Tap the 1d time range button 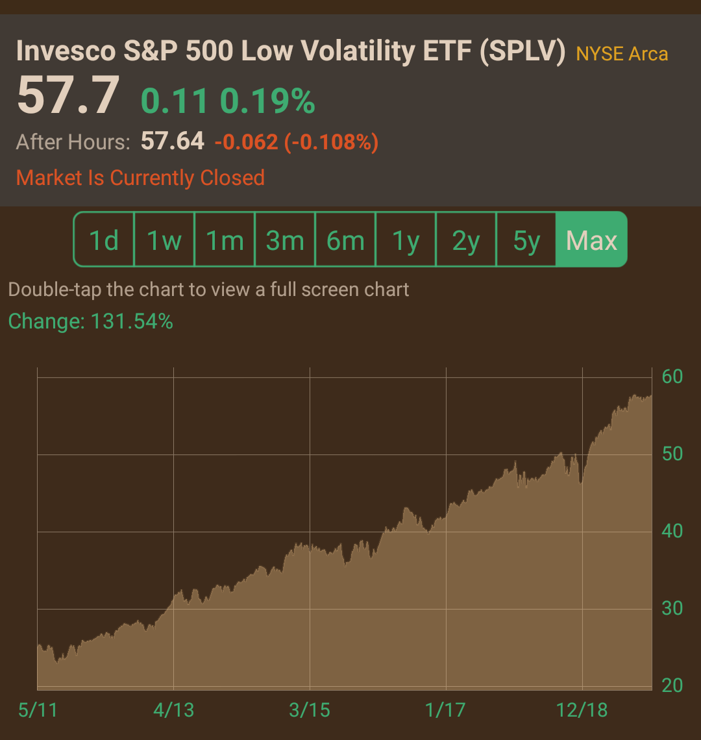104,240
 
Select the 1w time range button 164,240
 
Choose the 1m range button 225,240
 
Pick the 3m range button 285,240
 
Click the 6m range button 345,240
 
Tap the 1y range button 406,240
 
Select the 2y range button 466,240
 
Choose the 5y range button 526,240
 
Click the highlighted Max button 591,240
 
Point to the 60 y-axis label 672,376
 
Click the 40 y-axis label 672,531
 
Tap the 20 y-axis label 672,685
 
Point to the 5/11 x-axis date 38,710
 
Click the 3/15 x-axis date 309,710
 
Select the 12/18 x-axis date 582,710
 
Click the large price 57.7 68,95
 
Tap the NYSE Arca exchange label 622,54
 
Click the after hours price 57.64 172,141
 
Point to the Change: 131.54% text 91,321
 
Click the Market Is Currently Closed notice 140,178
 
